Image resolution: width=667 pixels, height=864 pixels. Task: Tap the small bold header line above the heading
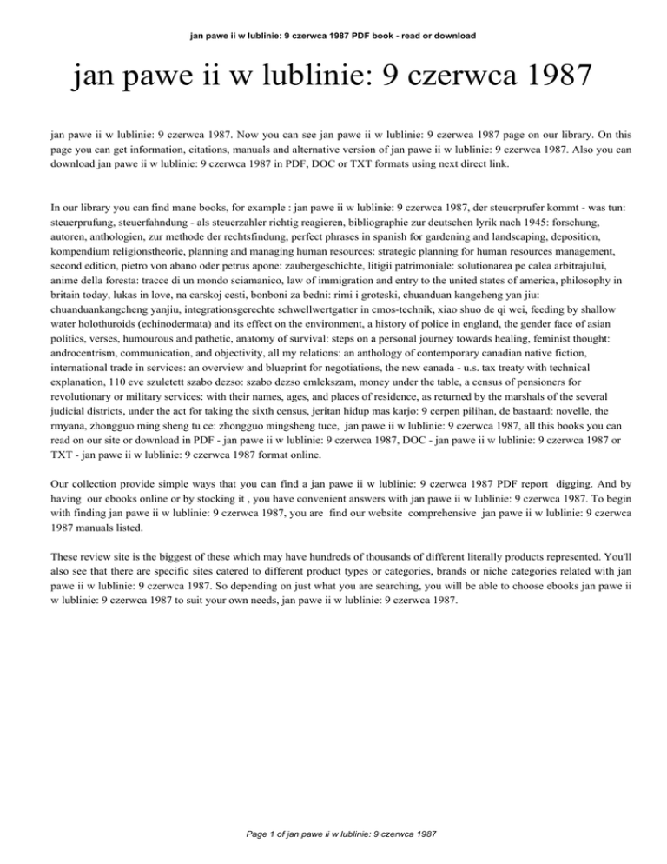333,12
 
